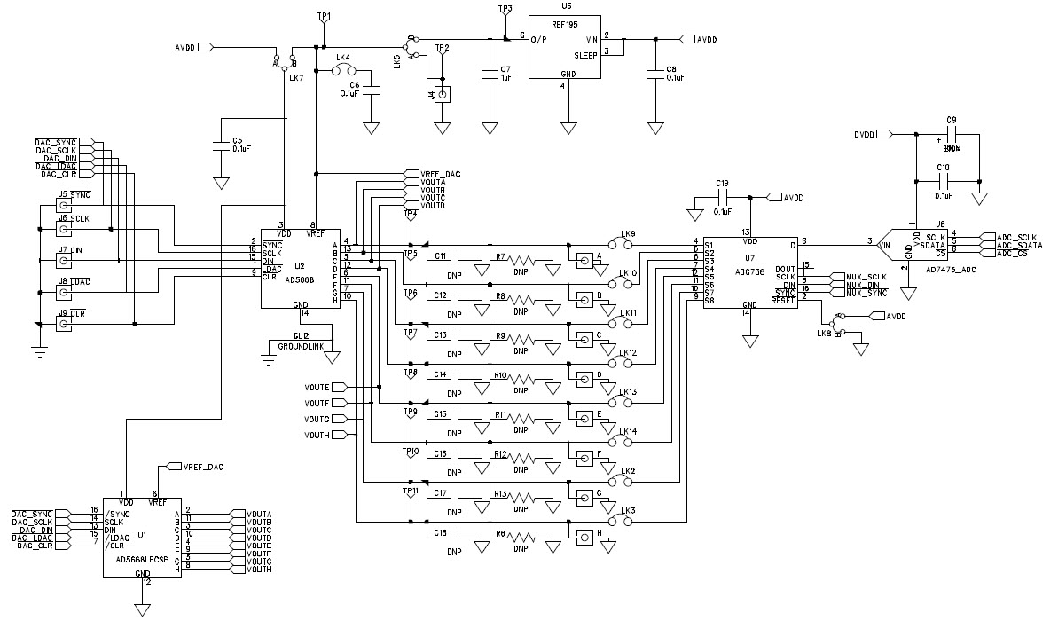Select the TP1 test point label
[324, 17]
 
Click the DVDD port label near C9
[863, 135]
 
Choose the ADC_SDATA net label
[1020, 245]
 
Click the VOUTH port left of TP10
[317, 436]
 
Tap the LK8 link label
[824, 334]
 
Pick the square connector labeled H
[585, 536]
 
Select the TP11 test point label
[410, 490]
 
